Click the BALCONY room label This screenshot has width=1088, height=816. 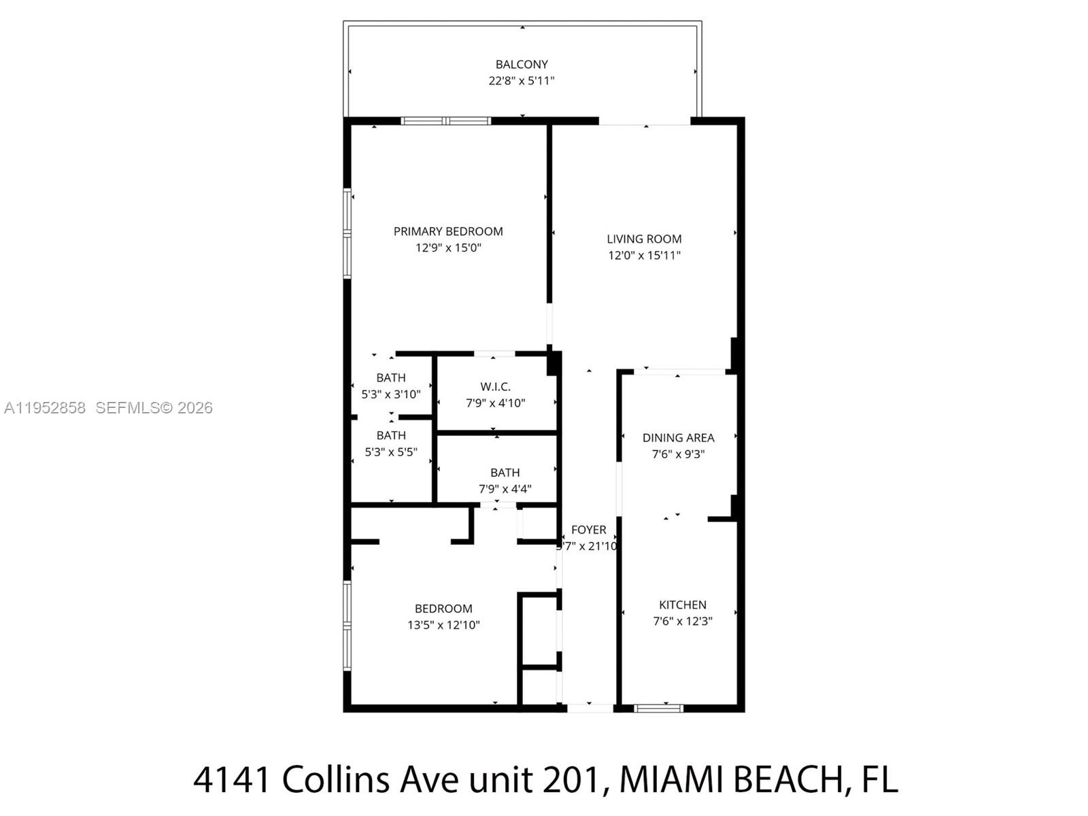coord(522,65)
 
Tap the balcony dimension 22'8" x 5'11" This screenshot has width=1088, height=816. coord(522,81)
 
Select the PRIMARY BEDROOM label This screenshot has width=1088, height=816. coord(448,231)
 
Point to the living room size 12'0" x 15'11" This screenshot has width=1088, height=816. coord(644,256)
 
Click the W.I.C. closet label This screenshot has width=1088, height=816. coord(495,386)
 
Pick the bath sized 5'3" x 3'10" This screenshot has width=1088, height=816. coord(391,386)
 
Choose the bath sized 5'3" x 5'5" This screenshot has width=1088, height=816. coord(391,443)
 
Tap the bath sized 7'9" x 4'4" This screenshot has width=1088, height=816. coord(505,481)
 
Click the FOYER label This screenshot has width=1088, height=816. coord(589,530)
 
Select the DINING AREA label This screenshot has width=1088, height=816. coord(678,438)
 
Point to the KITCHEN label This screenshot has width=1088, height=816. coord(682,605)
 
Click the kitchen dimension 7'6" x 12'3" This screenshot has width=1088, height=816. coord(682,621)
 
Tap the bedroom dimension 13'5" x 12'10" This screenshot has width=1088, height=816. coord(443,625)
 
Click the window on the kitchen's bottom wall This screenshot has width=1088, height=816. coord(658,709)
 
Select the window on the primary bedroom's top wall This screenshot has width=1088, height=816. coord(445,121)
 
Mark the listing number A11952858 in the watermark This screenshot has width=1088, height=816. coord(45,408)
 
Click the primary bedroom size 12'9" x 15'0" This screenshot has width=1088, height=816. coord(448,248)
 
